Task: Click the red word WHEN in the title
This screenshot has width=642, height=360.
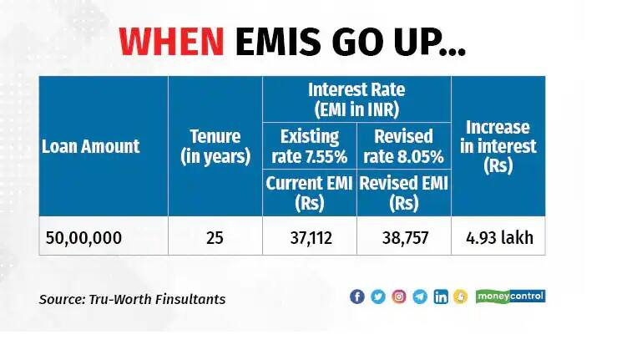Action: tap(171, 42)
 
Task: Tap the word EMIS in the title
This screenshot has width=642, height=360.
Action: tap(278, 42)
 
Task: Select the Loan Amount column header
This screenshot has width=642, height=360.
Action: tap(90, 146)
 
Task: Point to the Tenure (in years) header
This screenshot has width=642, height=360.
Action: tap(215, 146)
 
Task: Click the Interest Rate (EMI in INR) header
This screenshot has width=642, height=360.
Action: tap(356, 99)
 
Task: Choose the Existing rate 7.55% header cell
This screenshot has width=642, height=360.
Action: tap(310, 146)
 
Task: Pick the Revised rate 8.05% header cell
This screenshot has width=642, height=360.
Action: tap(404, 146)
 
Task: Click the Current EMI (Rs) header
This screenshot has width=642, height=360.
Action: tap(309, 193)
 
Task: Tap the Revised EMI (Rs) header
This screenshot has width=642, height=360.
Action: tap(404, 193)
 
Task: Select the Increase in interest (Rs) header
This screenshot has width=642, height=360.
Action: tap(498, 146)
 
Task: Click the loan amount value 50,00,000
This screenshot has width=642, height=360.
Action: tap(84, 238)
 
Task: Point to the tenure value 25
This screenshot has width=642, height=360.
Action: tap(215, 238)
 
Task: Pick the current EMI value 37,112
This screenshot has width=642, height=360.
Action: tap(311, 238)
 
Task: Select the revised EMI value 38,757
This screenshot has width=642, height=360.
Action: tap(406, 238)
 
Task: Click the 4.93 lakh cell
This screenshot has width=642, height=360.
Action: tap(499, 237)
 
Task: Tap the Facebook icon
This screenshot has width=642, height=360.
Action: tap(357, 297)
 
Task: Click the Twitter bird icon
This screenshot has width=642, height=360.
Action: tap(378, 297)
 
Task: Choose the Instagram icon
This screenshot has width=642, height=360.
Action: tap(399, 297)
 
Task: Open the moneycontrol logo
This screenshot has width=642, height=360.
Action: tap(511, 297)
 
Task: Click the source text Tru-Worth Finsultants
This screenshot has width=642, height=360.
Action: tap(157, 299)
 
